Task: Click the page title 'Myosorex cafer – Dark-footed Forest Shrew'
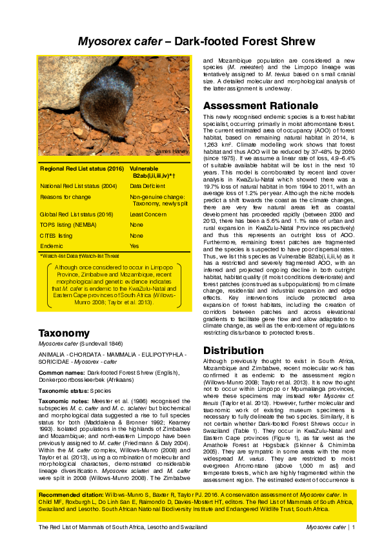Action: [x=192, y=43]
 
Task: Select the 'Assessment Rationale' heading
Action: [x=256, y=106]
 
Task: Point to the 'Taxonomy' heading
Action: [x=63, y=333]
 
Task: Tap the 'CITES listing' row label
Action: [x=56, y=236]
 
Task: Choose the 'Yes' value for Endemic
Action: [x=134, y=246]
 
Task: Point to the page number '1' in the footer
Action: [x=354, y=528]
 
